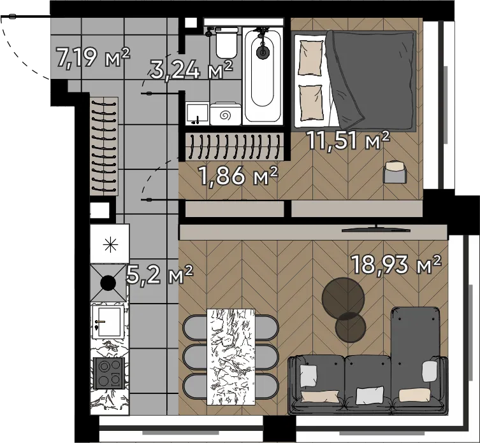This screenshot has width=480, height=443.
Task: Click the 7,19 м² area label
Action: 93,57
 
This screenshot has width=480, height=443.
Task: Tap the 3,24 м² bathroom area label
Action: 191,70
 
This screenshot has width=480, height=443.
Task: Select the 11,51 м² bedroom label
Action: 349,140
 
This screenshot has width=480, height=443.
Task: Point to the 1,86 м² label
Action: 238,176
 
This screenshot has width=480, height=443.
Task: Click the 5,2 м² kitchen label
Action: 159,274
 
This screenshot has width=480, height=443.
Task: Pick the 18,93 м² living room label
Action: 396,264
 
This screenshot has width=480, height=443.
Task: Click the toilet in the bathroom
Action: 226,42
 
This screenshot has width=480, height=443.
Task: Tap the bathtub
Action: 263,76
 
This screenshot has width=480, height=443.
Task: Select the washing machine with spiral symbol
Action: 226,114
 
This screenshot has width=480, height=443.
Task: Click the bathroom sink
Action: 197,114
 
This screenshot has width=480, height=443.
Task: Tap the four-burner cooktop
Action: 108,373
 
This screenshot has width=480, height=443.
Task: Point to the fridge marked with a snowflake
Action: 110,243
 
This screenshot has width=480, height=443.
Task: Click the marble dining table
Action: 231,357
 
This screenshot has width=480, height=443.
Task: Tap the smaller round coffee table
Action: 351,327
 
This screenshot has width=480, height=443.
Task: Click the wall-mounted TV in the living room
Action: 376,229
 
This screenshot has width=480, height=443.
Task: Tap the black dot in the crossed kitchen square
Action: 108,283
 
